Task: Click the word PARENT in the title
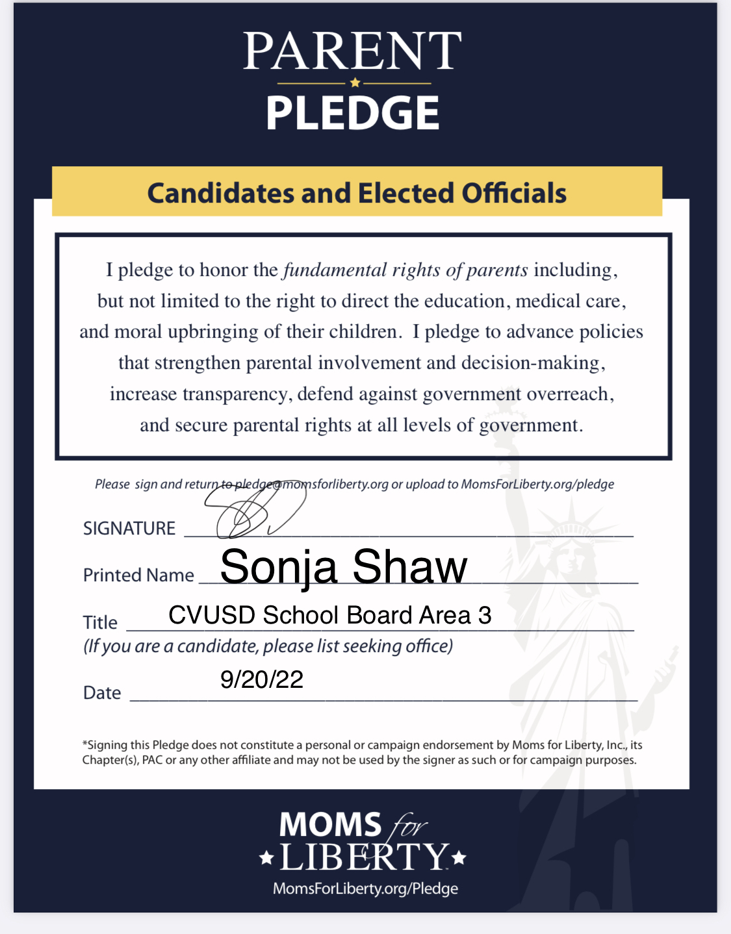(352, 51)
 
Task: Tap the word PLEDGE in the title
(352, 112)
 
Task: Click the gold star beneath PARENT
(354, 83)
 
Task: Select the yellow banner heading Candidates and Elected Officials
(357, 193)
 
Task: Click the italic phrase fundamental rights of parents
(405, 270)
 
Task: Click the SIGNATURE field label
(129, 529)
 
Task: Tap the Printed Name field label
(138, 575)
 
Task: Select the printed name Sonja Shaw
(343, 567)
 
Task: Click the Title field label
(100, 623)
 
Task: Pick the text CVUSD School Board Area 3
(329, 615)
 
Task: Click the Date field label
(102, 693)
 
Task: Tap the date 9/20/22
(262, 679)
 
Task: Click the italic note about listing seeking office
(268, 646)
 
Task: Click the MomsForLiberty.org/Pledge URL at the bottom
(365, 889)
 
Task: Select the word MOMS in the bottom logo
(329, 825)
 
